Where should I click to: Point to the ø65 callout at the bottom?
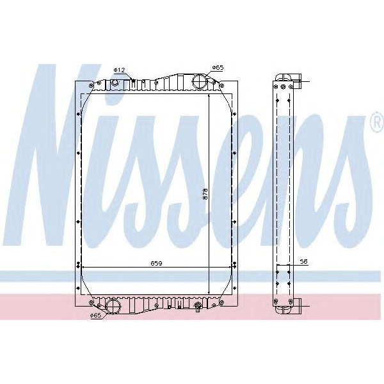[x=95, y=315]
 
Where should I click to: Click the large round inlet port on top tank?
[x=200, y=83]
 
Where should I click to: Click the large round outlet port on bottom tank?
[x=113, y=305]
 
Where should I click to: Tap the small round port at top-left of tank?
[x=115, y=82]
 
